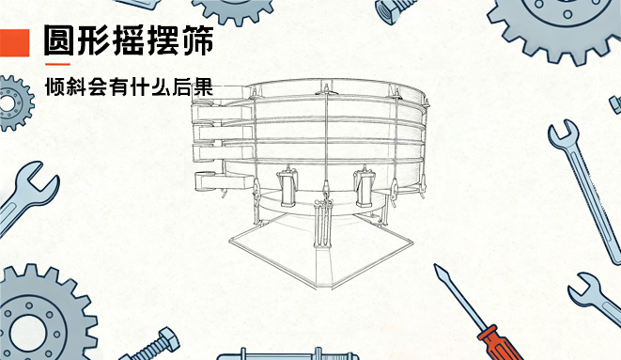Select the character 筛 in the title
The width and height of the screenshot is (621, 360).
click(x=196, y=40)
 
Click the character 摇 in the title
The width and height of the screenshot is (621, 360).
click(x=129, y=40)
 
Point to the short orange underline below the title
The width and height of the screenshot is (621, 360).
click(x=58, y=64)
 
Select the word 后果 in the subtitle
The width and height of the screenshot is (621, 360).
click(x=194, y=86)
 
